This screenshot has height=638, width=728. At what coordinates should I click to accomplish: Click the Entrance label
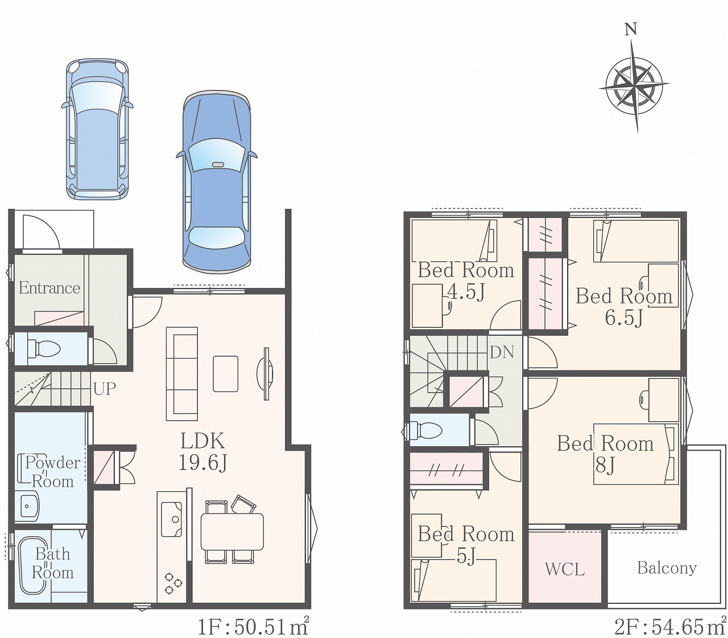(x=49, y=288)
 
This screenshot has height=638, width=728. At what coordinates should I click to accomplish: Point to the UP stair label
(x=105, y=389)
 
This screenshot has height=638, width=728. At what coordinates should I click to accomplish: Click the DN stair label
(x=502, y=352)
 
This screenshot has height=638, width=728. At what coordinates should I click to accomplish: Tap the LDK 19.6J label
(x=203, y=452)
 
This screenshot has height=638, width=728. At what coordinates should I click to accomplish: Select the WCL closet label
(x=565, y=570)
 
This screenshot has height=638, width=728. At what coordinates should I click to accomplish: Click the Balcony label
(x=667, y=568)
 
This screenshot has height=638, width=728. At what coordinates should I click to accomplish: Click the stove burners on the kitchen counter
(x=173, y=584)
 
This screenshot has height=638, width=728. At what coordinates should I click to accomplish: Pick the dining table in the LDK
(x=232, y=532)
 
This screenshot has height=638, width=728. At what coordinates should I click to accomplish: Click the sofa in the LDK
(x=182, y=374)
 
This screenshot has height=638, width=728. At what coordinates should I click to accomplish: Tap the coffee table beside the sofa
(x=226, y=374)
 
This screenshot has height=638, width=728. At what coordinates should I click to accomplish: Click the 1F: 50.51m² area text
(x=253, y=627)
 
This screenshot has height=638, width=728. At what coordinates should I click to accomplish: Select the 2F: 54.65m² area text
(x=671, y=627)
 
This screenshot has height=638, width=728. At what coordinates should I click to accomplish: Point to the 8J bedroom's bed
(x=636, y=454)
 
